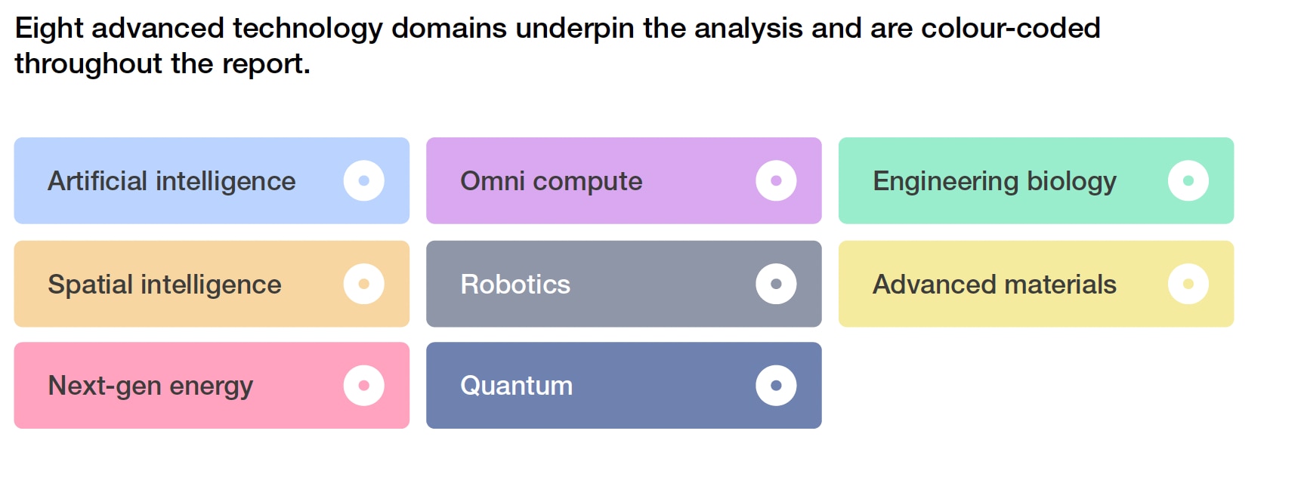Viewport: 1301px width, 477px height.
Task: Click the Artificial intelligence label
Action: (172, 181)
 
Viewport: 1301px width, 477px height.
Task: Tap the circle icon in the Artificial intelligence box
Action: (364, 181)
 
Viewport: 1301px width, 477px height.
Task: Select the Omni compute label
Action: (552, 181)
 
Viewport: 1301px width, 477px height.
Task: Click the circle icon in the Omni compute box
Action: (776, 181)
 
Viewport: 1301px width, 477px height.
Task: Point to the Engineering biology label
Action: (994, 181)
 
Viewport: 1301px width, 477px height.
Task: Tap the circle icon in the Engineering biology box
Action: (1188, 181)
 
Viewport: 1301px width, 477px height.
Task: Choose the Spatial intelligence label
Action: (165, 285)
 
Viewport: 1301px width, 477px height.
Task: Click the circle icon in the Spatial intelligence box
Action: (364, 284)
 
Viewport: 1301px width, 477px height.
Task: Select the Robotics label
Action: (515, 285)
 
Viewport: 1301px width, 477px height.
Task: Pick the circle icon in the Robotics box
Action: (776, 284)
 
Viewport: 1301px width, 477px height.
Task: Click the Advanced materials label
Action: (994, 285)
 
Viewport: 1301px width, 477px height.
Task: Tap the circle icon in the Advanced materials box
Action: (1188, 284)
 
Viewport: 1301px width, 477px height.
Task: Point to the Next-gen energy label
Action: (150, 386)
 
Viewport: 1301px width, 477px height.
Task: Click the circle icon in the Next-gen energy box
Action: (364, 386)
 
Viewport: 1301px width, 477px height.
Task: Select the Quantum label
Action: (517, 386)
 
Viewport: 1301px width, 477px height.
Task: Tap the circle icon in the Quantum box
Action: (776, 386)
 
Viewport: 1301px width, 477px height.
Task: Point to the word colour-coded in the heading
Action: (1011, 28)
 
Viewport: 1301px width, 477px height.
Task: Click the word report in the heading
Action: (262, 64)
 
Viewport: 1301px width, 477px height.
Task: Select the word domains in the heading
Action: (450, 28)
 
